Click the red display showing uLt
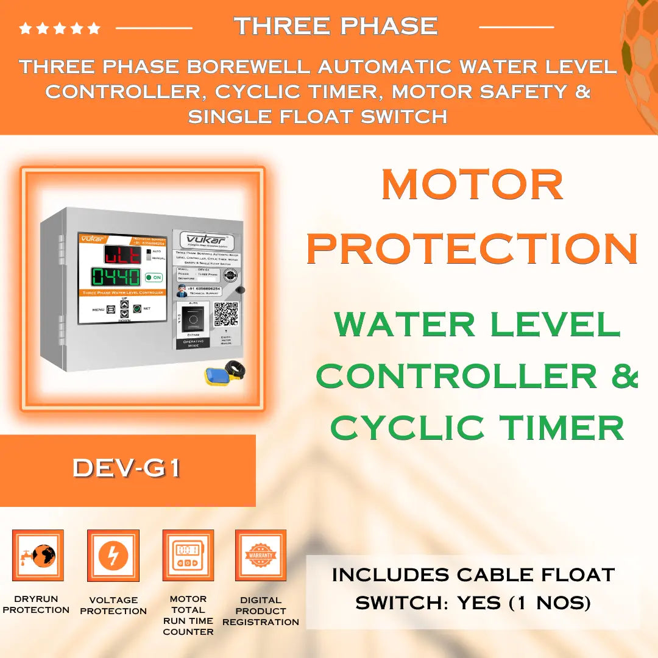(x=122, y=254)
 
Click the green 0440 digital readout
(x=116, y=277)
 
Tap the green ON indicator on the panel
(x=154, y=277)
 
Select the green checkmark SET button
(x=137, y=309)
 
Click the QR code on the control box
(x=225, y=314)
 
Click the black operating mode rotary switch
(x=194, y=319)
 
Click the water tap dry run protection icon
(x=38, y=555)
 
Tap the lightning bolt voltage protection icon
(x=113, y=555)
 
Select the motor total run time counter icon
(x=188, y=555)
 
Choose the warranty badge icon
(x=261, y=555)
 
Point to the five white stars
(x=60, y=28)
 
